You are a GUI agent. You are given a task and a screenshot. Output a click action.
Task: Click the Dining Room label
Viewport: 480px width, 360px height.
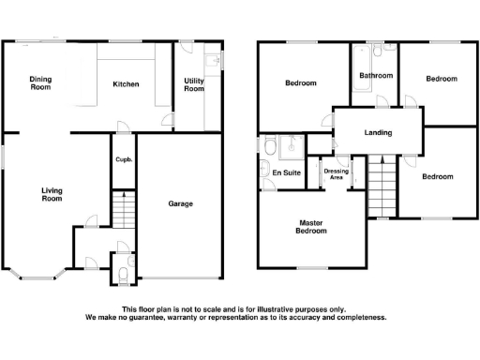[x=39, y=82]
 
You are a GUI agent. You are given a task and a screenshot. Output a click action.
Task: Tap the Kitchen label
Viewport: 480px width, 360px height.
[x=126, y=84]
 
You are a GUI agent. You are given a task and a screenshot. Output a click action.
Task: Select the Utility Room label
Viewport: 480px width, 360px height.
[x=193, y=84]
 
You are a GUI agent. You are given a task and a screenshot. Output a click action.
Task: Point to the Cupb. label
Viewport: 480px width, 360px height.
[x=124, y=159]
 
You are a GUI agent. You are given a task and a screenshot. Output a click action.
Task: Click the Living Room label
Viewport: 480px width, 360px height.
[x=52, y=194]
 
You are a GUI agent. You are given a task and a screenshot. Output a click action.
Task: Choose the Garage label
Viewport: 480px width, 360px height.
[x=180, y=203]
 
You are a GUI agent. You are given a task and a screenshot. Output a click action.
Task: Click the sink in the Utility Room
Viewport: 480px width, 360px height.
[x=216, y=62]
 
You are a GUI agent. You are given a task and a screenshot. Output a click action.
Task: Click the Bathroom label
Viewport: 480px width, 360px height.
[x=375, y=75]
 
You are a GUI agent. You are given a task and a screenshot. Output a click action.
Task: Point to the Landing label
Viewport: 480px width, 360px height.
[x=378, y=132]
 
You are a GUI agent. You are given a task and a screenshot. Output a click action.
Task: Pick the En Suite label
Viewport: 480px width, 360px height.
[x=285, y=173]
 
